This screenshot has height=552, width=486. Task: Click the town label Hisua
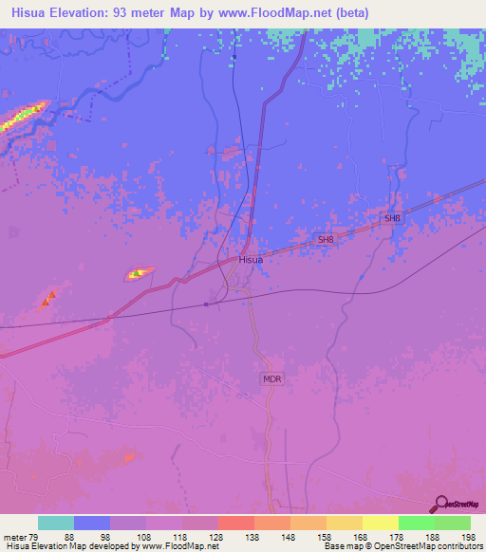251,259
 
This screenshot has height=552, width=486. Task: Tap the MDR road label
272,377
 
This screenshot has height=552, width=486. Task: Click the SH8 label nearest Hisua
327,240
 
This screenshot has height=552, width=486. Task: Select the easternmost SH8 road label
392,219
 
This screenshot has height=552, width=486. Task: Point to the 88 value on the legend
68,537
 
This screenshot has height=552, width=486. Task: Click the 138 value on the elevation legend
250,537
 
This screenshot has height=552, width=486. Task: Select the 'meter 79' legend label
18,537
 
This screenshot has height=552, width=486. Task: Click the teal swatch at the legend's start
56,523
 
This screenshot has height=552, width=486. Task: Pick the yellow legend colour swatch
380,523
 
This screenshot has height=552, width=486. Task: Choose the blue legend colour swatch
92,523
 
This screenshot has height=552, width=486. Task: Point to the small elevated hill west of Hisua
140,274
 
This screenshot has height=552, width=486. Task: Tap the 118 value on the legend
177,537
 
